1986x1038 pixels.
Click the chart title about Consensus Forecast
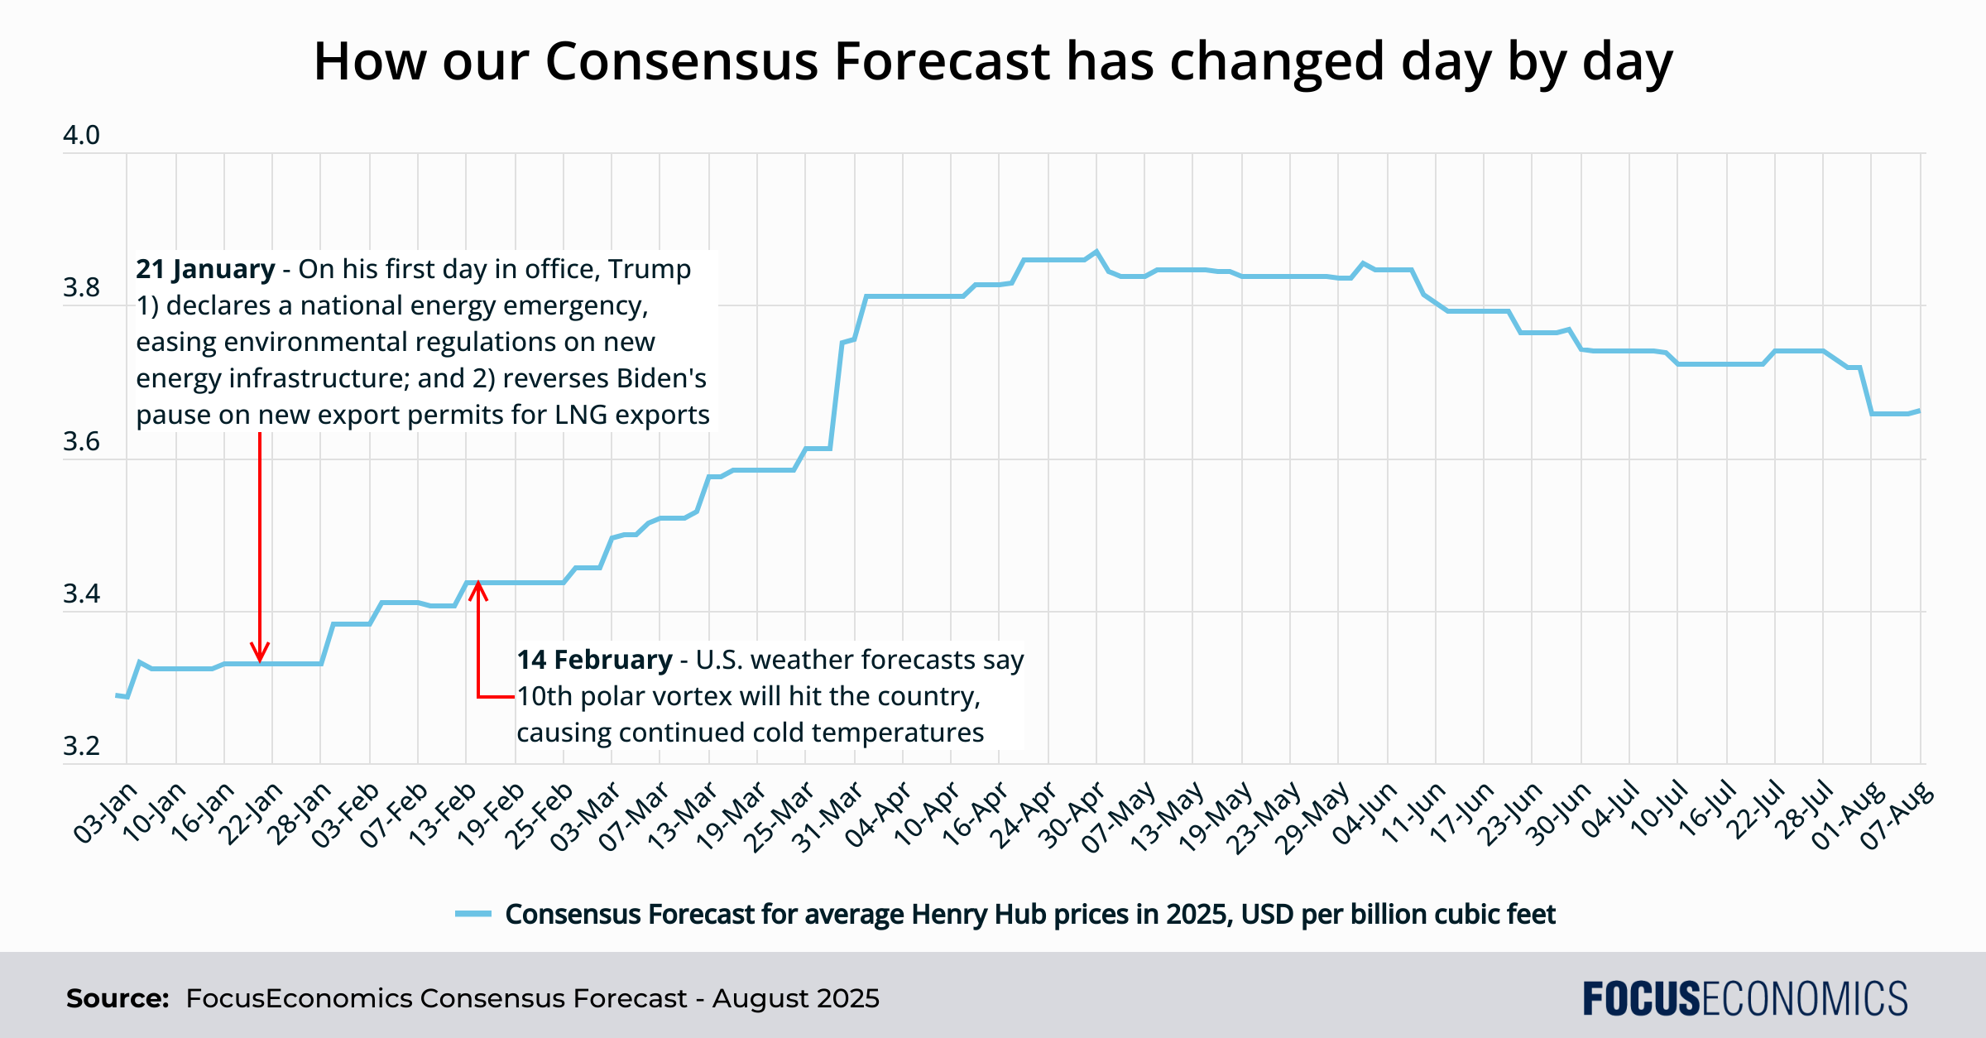coord(993,62)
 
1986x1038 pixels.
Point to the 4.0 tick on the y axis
coord(81,135)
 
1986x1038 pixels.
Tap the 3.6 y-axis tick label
coord(81,441)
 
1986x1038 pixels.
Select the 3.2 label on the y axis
coord(81,747)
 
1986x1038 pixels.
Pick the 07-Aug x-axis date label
coord(1897,815)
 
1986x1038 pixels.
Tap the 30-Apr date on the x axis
coord(1072,815)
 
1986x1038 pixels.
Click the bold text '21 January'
coord(205,269)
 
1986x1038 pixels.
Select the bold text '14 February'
coord(594,660)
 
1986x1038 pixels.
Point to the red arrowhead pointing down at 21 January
coord(261,652)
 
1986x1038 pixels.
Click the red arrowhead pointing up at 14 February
coord(478,591)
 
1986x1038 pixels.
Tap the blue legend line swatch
coord(473,914)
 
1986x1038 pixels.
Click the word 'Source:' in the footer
coord(118,998)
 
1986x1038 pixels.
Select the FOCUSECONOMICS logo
coord(1744,998)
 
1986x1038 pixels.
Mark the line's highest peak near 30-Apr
coord(1096,251)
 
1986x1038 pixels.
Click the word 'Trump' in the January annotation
coord(650,269)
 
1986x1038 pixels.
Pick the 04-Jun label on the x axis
coord(1364,815)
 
